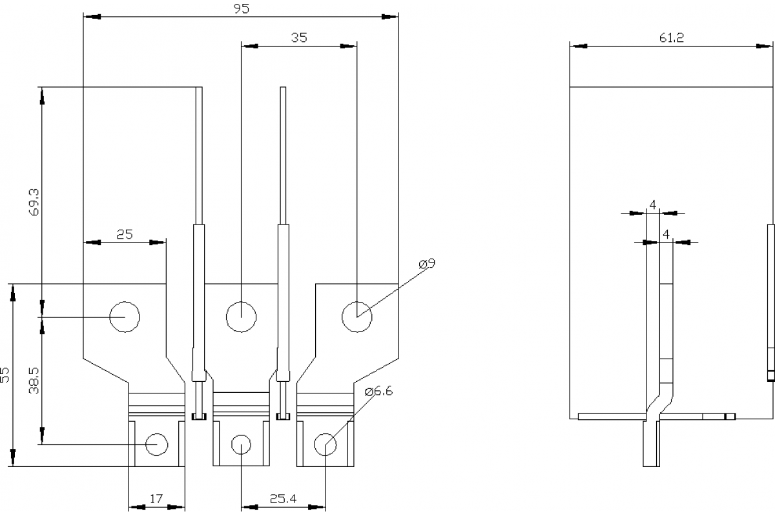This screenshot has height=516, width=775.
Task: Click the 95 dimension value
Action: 240,8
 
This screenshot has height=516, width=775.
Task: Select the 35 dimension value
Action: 298,37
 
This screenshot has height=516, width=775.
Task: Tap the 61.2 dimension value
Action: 672,37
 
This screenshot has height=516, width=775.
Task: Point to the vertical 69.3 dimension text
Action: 34,202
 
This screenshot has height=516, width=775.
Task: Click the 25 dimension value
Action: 125,235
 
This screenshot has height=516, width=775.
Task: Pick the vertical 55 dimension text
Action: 6,375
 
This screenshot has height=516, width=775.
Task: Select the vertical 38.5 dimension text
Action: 34,381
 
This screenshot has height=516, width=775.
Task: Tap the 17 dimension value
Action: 156,499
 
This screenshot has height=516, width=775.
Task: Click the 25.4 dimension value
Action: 283,499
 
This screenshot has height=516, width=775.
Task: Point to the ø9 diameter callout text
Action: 427,264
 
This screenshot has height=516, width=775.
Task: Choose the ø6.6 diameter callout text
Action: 378,392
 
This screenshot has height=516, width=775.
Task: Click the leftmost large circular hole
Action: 125,317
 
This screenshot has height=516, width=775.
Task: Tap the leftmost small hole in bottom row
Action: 156,444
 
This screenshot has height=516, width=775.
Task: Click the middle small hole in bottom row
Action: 241,444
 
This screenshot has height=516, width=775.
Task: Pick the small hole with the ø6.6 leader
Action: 325,444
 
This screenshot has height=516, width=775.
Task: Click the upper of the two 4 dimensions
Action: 653,204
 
